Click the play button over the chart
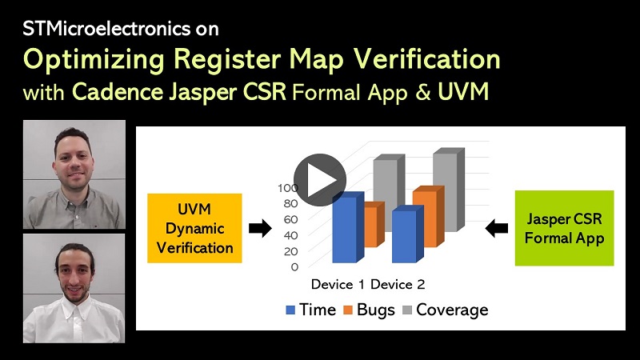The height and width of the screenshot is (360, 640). click(x=319, y=180)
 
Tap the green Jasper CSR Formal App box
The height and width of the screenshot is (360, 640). click(x=565, y=227)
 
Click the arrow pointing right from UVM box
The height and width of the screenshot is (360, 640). click(x=260, y=229)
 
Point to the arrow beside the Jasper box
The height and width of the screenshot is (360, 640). click(x=497, y=229)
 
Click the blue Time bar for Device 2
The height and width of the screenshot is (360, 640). click(x=404, y=236)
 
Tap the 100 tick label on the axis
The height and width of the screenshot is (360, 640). click(x=288, y=188)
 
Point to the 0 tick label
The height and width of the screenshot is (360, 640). click(x=294, y=266)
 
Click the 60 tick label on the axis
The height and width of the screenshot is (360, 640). click(x=291, y=219)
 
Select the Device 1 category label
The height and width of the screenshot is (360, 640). click(x=339, y=285)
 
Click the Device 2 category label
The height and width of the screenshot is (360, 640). click(x=398, y=285)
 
